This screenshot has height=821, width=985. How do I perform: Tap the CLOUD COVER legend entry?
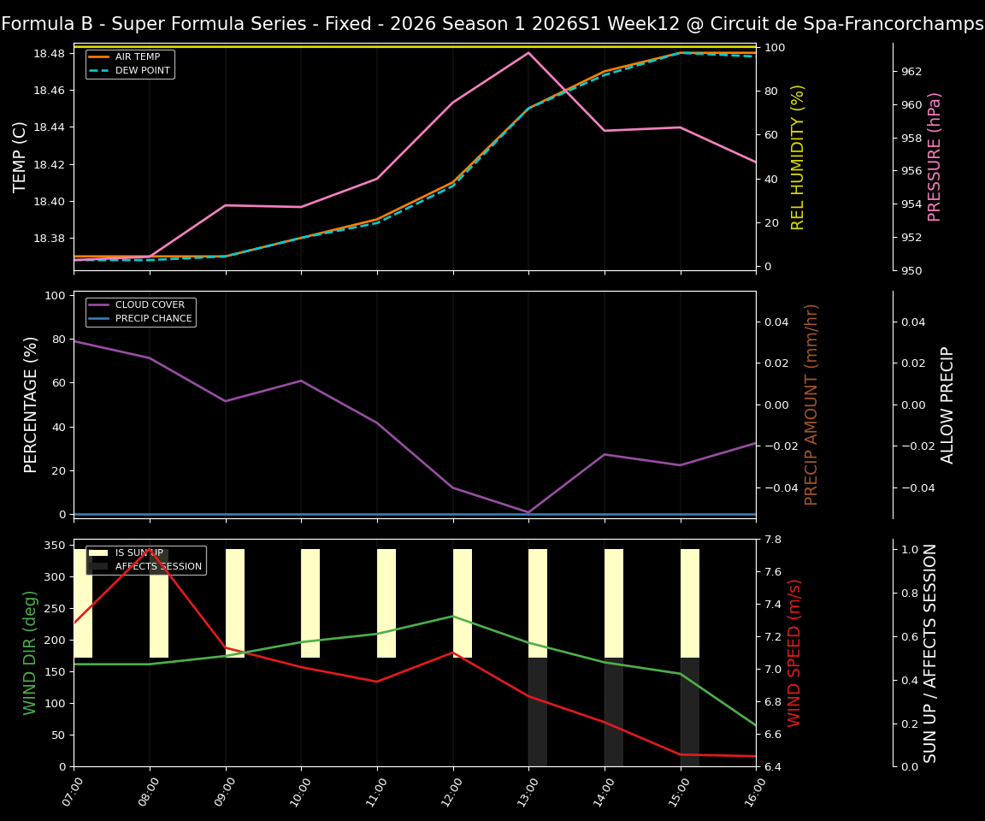pyautogui.click(x=150, y=305)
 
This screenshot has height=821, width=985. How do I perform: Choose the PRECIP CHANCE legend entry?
pyautogui.click(x=153, y=318)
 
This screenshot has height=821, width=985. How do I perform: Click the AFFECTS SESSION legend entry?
pyautogui.click(x=158, y=566)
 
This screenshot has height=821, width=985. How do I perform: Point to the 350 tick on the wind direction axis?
pyautogui.click(x=55, y=545)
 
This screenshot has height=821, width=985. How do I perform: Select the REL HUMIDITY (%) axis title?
pyautogui.click(x=798, y=157)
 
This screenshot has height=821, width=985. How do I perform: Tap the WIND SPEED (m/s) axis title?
pyautogui.click(x=795, y=653)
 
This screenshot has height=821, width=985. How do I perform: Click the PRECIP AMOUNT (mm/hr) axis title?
pyautogui.click(x=811, y=405)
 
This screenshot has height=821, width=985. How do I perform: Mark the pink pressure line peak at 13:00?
pyautogui.click(x=528, y=53)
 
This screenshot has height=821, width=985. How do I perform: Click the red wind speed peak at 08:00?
pyautogui.click(x=150, y=549)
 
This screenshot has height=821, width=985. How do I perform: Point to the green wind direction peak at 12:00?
pyautogui.click(x=453, y=616)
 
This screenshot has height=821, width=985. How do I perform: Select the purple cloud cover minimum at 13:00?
pyautogui.click(x=528, y=512)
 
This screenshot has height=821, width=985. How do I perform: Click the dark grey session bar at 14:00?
pyautogui.click(x=613, y=712)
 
